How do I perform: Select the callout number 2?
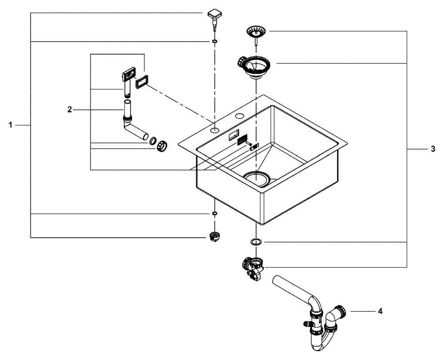[x=70, y=109]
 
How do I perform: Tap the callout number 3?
[x=433, y=149]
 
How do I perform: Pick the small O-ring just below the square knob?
[x=215, y=42]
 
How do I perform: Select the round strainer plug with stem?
[x=257, y=32]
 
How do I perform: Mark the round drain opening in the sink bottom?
[x=256, y=178]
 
